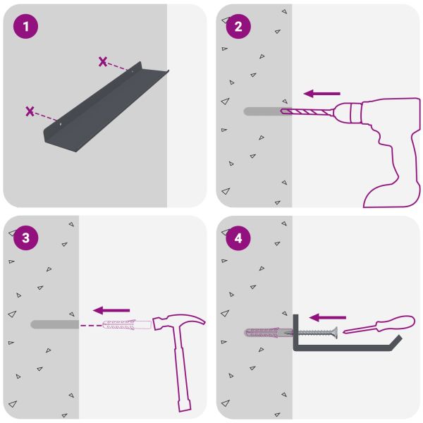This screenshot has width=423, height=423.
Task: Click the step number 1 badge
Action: (x=25, y=26)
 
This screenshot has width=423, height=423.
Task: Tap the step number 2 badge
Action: (x=238, y=26)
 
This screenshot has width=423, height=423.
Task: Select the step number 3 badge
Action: (x=25, y=238)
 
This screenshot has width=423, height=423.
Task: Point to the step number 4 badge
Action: (x=238, y=238)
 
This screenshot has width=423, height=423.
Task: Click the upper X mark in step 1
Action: (x=103, y=62)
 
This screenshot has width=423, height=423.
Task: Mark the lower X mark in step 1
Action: (x=30, y=111)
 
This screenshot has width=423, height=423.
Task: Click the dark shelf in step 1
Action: (x=105, y=108)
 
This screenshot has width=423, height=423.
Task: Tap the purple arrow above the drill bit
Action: (x=322, y=94)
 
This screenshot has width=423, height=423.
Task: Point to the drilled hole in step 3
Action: (x=55, y=324)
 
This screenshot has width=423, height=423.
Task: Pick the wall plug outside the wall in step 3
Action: (x=127, y=324)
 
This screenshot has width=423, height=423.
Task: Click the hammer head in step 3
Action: (x=178, y=322)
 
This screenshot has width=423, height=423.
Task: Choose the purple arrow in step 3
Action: (x=111, y=310)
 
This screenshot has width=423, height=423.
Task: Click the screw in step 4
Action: (x=316, y=333)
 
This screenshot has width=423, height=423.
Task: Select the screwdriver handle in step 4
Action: (x=396, y=323)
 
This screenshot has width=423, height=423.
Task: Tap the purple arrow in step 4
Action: (x=328, y=317)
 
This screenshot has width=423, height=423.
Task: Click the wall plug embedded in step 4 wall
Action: (x=268, y=333)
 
